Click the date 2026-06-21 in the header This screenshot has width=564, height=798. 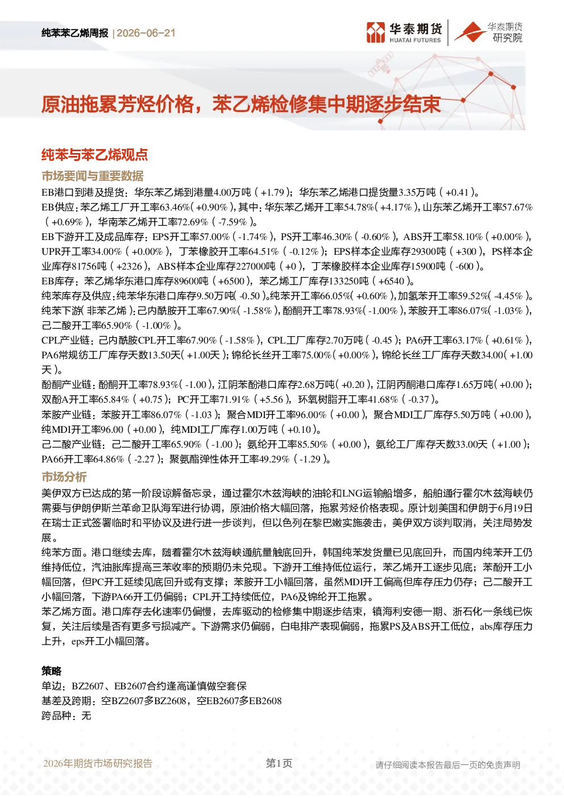coord(146,33)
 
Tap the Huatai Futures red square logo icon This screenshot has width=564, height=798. coord(376,32)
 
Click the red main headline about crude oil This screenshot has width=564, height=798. coord(241,105)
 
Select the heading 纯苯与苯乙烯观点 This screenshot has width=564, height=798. coord(94,155)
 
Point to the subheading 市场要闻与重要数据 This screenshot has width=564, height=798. coord(93,176)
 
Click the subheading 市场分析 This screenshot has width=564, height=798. coord(64,477)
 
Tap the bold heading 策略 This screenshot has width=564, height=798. coord(52,671)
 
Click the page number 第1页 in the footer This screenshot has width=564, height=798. coord(279,763)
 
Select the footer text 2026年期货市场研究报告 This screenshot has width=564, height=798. coord(98,763)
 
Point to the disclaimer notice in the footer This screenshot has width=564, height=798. coord(447,765)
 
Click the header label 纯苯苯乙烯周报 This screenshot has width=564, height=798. coord(75,33)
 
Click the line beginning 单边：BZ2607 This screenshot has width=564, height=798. coord(144,686)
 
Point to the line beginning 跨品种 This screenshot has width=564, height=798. coord(66,716)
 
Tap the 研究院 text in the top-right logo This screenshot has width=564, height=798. coord(507,38)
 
